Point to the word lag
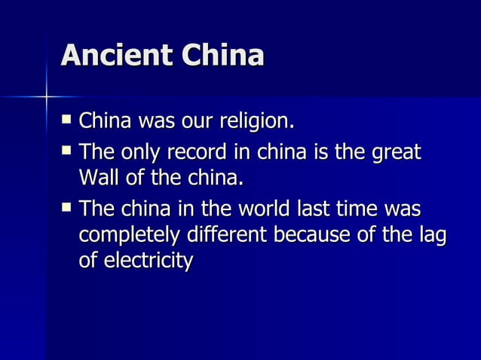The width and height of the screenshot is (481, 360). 430,235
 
